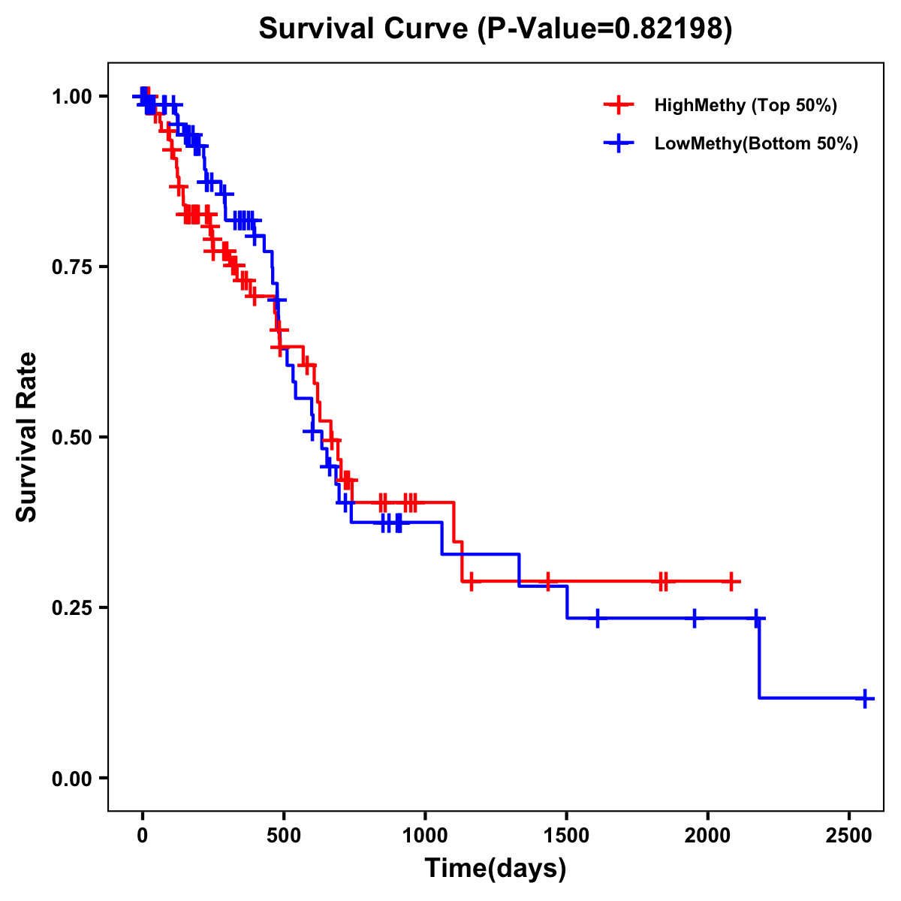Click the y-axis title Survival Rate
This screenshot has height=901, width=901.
coord(27,436)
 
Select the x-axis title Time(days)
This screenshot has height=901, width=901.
coord(496,869)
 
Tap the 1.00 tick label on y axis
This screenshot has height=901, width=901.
coord(71,96)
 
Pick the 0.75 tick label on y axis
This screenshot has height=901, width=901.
coord(71,267)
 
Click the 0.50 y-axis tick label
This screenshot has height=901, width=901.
coord(71,437)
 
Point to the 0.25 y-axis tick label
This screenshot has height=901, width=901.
coord(71,607)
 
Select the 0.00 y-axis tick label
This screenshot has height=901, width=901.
coord(71,778)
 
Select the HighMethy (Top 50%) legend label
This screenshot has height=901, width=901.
coord(746,105)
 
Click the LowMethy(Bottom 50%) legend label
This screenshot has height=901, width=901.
coord(756,143)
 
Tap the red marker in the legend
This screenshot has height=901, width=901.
coord(618,105)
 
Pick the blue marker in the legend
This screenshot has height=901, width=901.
coord(618,143)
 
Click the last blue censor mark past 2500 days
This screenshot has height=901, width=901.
coord(864,698)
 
